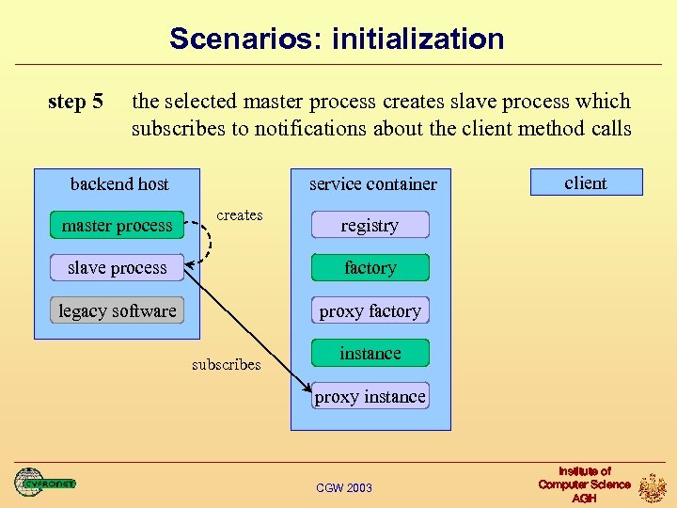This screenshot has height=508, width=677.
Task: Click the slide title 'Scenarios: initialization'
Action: [337, 39]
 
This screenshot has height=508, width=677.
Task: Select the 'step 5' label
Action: [75, 102]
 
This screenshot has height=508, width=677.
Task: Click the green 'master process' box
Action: [117, 225]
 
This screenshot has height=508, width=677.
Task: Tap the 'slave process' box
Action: [117, 268]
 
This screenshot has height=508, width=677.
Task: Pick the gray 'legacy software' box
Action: [117, 310]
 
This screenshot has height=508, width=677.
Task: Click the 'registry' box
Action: [370, 225]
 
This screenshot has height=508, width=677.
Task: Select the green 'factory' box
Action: [370, 268]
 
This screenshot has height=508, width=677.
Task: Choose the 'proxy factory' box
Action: [370, 310]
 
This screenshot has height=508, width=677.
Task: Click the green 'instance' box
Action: [370, 354]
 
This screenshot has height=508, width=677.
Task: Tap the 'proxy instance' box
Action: [370, 396]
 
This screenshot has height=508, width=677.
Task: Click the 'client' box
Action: [586, 183]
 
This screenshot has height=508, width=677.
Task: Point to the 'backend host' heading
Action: [119, 183]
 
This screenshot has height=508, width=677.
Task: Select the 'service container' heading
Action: [373, 183]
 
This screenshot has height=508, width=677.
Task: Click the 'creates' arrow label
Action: [240, 215]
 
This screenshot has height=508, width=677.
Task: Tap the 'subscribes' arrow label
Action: [226, 364]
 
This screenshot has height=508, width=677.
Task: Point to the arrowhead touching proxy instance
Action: [307, 389]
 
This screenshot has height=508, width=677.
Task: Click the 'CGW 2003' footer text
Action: [344, 487]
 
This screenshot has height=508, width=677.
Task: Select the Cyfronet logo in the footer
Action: [44, 483]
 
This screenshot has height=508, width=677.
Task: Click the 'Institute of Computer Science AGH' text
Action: [584, 484]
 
